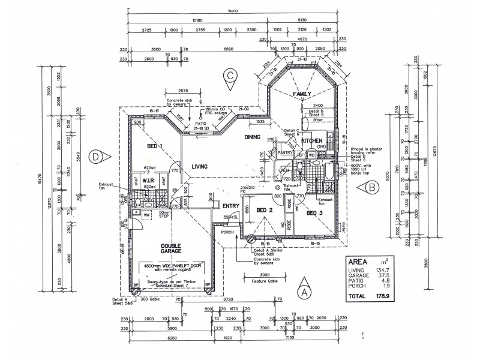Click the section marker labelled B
click(x=373, y=188)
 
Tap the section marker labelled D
click(x=96, y=157)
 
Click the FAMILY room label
click(x=302, y=95)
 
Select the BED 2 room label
click(x=265, y=210)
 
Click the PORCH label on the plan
click(x=227, y=232)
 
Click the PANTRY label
click(x=285, y=152)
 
